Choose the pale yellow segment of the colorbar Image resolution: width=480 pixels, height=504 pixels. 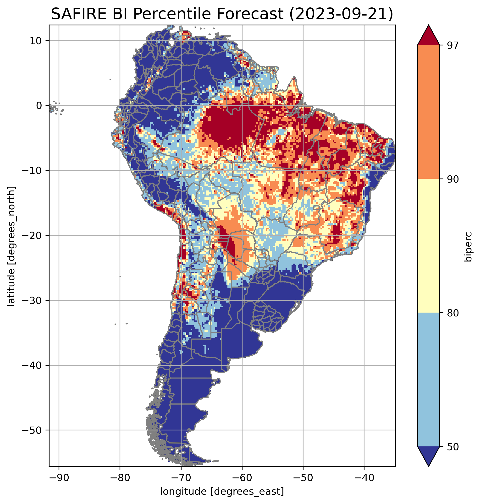[x=428, y=245]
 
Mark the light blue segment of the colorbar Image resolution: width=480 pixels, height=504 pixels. [x=428, y=380]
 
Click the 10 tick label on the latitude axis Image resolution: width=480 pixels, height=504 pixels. [x=36, y=41]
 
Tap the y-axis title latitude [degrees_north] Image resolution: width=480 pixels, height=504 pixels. [x=11, y=246]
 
